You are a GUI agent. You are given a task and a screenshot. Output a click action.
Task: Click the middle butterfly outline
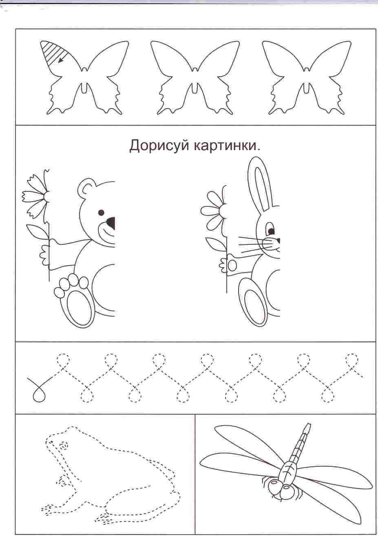tap(195, 78)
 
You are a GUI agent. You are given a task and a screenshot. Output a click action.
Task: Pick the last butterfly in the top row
tap(307, 78)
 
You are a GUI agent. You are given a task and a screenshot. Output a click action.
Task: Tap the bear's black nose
tap(111, 223)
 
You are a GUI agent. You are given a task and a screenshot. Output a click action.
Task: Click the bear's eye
tap(101, 212)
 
